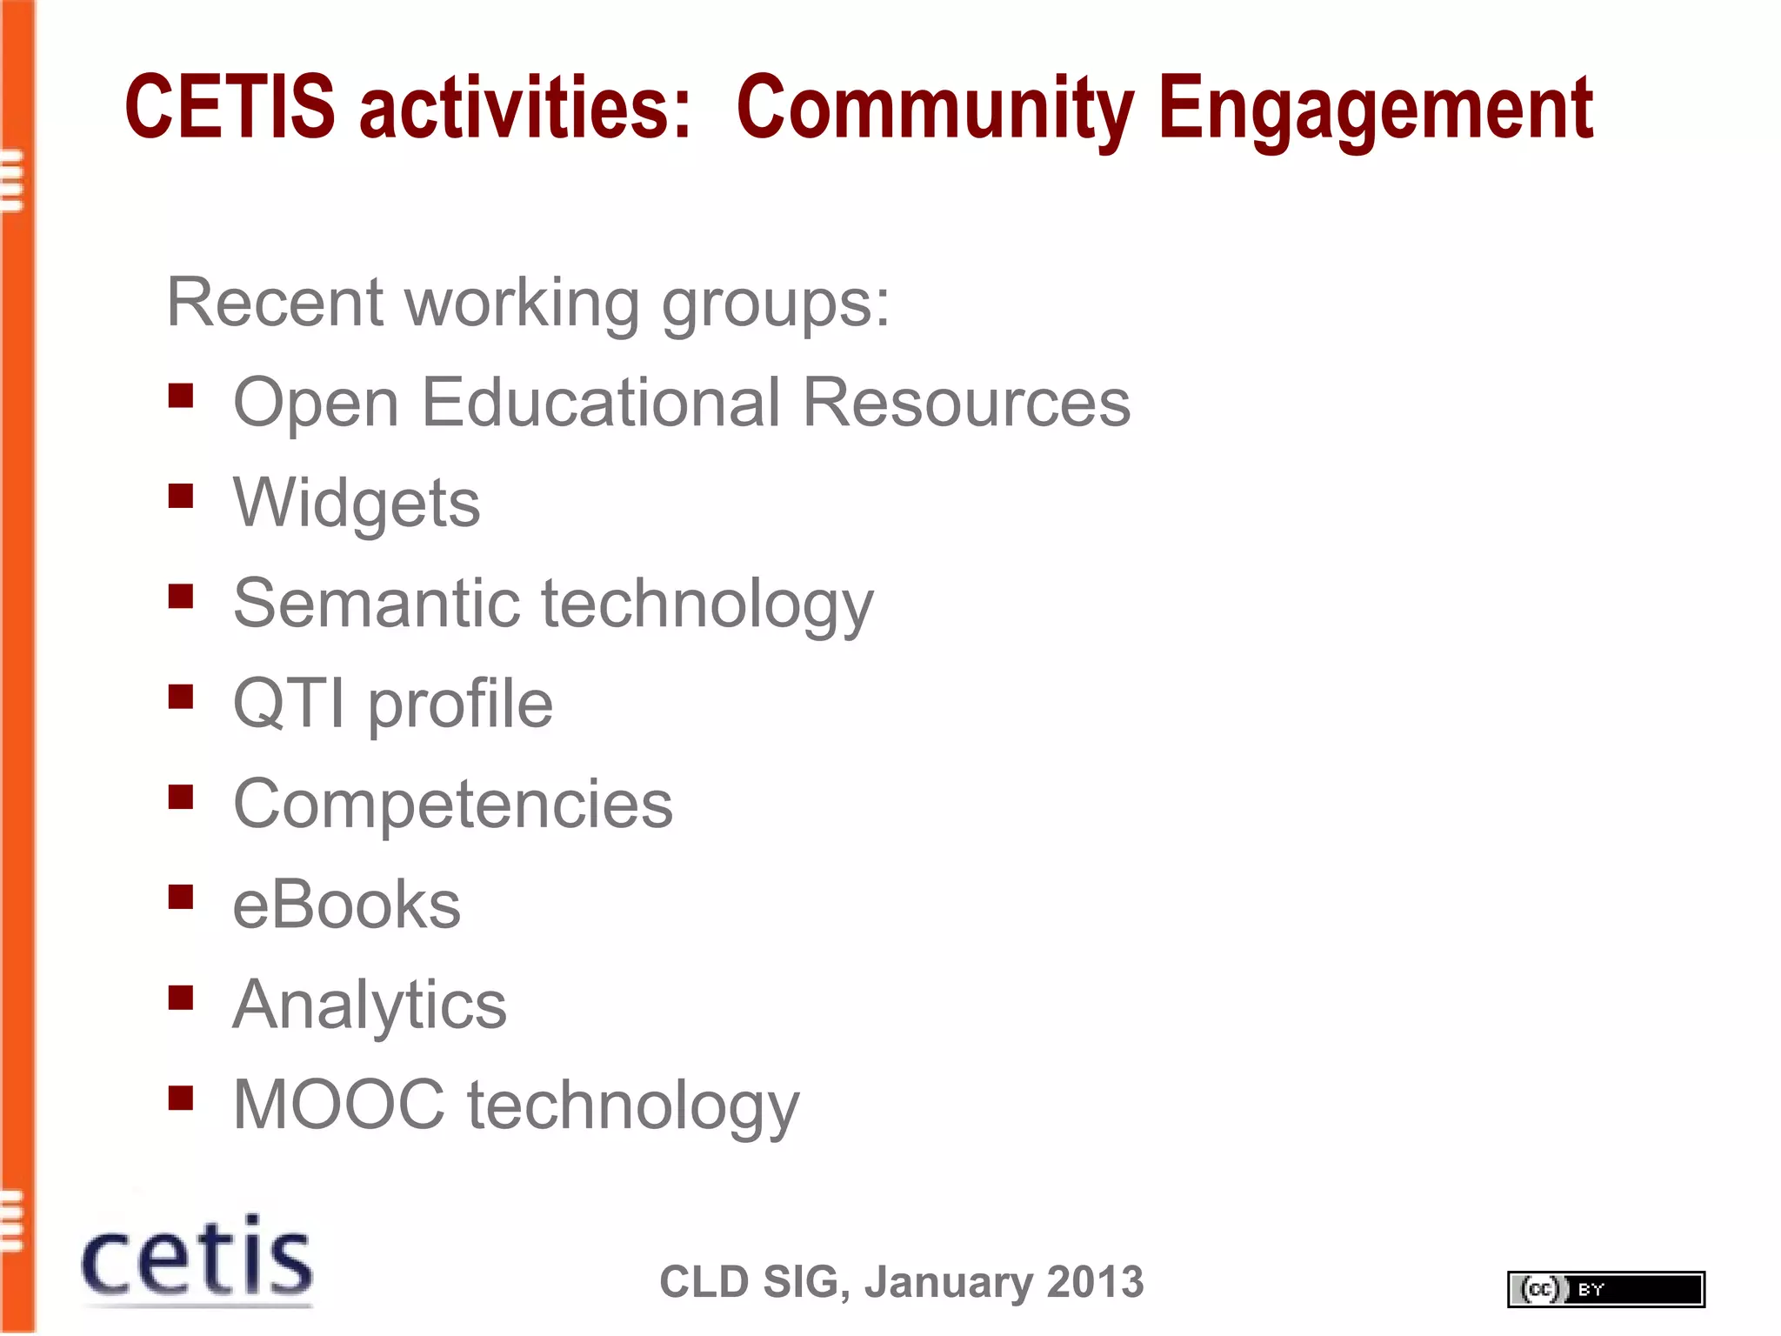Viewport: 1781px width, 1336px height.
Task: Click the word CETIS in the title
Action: click(x=230, y=107)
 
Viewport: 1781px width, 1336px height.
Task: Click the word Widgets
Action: click(x=357, y=504)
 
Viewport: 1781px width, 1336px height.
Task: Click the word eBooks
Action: click(x=346, y=905)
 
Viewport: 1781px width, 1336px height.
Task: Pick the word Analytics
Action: click(x=370, y=1005)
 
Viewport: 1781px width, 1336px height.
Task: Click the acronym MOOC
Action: click(x=339, y=1105)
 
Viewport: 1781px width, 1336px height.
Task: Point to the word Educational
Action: click(x=601, y=403)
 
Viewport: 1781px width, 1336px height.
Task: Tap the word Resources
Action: click(x=966, y=403)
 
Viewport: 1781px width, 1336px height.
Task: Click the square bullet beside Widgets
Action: click(x=181, y=497)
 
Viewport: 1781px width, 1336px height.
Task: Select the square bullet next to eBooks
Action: click(x=181, y=898)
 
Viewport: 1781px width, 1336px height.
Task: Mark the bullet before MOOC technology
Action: click(x=181, y=1098)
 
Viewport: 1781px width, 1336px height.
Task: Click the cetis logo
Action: click(x=197, y=1259)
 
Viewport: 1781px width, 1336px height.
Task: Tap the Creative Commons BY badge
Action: click(x=1605, y=1289)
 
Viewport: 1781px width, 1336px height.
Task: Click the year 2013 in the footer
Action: click(x=1095, y=1282)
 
